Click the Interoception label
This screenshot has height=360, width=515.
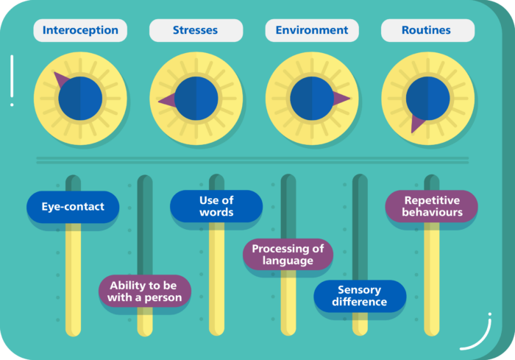point(80,30)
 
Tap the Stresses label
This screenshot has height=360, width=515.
point(196,30)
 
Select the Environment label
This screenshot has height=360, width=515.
point(312,30)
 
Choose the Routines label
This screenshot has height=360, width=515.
point(427,30)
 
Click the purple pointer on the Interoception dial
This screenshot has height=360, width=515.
point(61,80)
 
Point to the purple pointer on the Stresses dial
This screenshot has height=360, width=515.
point(167,100)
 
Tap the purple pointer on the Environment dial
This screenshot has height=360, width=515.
point(341,98)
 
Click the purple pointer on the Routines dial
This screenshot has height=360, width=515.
point(417,124)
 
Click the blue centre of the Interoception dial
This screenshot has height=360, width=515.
point(80,99)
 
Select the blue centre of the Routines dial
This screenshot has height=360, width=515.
point(427,98)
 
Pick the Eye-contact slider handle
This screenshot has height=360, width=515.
point(72,207)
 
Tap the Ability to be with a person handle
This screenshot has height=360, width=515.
point(145,290)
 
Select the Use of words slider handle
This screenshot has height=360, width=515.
point(216,206)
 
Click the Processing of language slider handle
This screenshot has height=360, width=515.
point(288,254)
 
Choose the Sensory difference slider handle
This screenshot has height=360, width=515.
point(360,296)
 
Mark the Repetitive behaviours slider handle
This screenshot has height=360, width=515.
point(432,206)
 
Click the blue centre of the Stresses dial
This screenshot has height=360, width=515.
point(196,98)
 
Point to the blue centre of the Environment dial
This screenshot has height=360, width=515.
point(311,98)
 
